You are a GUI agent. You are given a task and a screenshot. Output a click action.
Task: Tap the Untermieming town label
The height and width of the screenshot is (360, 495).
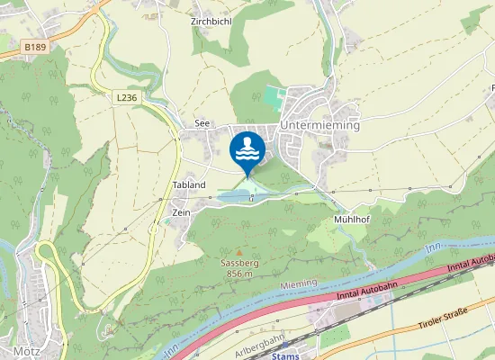[319, 126]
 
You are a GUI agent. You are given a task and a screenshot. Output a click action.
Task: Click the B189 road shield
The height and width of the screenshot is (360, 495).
[35, 47]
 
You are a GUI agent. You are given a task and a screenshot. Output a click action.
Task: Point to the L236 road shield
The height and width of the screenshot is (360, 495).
[127, 95]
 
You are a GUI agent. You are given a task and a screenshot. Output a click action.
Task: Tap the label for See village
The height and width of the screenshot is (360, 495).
[202, 124]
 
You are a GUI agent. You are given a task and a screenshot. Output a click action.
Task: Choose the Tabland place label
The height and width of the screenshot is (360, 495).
[189, 184]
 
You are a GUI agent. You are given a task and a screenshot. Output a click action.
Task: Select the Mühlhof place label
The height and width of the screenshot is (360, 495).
[352, 219]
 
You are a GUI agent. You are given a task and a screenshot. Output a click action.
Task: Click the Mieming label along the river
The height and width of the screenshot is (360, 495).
[301, 284]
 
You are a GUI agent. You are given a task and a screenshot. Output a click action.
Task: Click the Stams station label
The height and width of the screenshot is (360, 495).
[284, 355]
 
